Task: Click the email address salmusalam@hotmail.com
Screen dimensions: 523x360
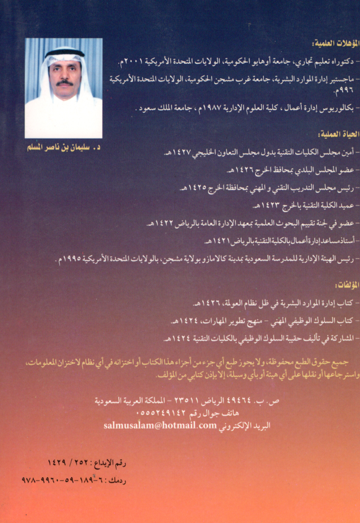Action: [160, 425]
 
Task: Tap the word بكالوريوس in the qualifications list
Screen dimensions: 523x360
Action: [332, 108]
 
